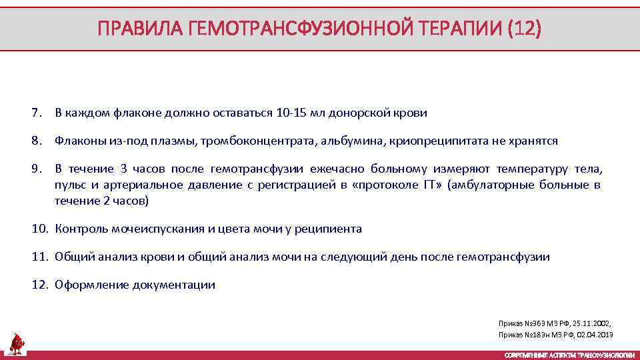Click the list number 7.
point(36,113)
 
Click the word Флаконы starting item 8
point(77,141)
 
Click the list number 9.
point(36,169)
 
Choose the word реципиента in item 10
point(329,229)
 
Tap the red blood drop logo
point(17,343)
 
